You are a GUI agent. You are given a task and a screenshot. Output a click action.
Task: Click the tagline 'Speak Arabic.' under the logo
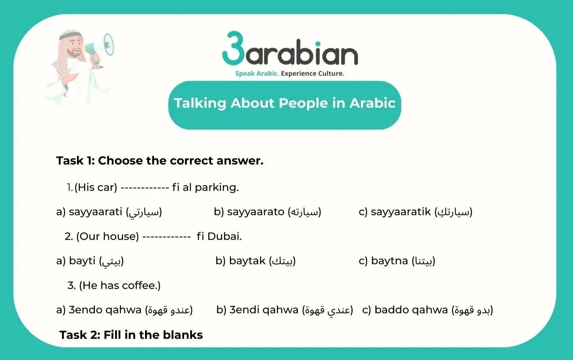[x=257, y=73]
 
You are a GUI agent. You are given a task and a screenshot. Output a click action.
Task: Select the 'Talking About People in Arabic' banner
[x=284, y=103]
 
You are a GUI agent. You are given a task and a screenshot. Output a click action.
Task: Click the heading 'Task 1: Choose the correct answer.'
[x=160, y=161]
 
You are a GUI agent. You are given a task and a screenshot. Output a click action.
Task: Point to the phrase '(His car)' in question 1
[x=96, y=187]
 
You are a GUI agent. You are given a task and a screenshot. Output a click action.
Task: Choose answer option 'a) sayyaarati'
[x=109, y=212]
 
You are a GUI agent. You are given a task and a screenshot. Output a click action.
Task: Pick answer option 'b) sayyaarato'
[x=267, y=212]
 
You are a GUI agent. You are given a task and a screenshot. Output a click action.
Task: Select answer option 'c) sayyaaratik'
[x=415, y=212]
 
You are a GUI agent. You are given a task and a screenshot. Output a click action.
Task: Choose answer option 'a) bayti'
[x=90, y=261]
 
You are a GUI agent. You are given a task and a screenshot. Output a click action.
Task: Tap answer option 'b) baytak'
[x=255, y=261]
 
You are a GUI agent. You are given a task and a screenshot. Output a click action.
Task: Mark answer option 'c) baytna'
[x=397, y=261]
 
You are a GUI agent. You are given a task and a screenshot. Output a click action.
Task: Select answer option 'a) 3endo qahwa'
[x=124, y=310]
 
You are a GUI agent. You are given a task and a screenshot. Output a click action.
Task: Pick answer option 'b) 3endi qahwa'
[x=284, y=310]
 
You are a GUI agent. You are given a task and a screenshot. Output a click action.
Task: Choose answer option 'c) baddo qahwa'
[x=428, y=310]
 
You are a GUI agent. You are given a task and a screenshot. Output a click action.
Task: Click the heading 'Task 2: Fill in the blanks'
[x=131, y=335]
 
